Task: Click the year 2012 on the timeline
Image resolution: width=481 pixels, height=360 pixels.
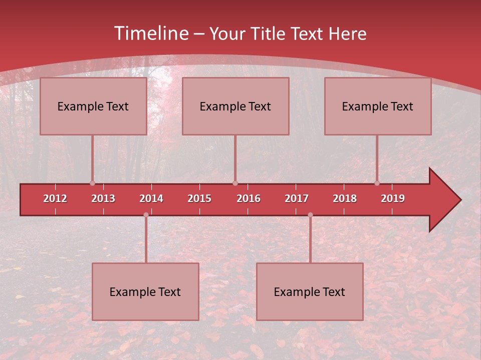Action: (55, 198)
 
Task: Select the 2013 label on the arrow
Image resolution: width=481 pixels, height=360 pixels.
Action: (103, 198)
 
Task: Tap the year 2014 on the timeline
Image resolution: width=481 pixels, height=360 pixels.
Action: (151, 198)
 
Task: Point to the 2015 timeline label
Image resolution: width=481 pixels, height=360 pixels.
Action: (199, 198)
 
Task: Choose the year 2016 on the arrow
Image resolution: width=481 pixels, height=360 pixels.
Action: (249, 198)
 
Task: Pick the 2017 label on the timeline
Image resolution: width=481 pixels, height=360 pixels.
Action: (297, 198)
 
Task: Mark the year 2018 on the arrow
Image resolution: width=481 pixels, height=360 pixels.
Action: (345, 198)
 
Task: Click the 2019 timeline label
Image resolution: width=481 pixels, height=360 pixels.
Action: (393, 198)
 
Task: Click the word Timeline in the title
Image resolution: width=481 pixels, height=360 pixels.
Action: (150, 33)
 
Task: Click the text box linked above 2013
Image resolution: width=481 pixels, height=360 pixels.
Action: (93, 106)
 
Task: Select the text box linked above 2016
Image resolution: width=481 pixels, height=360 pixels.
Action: (235, 106)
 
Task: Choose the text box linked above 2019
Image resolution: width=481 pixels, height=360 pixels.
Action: (378, 106)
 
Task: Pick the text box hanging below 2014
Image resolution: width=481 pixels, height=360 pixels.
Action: (145, 291)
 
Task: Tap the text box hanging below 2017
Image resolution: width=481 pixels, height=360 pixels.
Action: (310, 291)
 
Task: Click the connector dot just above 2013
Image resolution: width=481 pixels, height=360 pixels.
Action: (93, 183)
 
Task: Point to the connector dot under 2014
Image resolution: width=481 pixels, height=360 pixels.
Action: (146, 214)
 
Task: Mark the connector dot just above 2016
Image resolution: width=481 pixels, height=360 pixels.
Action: (235, 183)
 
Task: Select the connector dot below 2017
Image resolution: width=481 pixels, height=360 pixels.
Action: (310, 214)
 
